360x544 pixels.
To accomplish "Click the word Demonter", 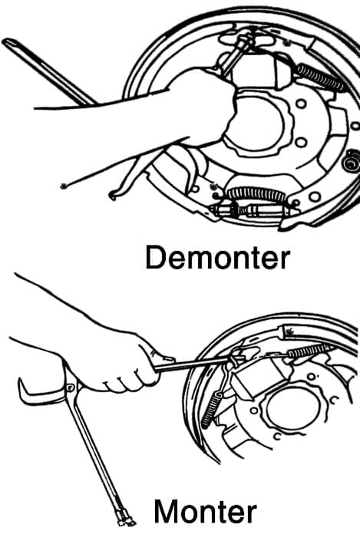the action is (x=218, y=257).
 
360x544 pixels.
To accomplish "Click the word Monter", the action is (x=206, y=511).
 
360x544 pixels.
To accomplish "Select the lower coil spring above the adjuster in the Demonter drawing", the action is (x=256, y=194).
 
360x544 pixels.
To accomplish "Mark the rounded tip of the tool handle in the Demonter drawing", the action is (x=8, y=42).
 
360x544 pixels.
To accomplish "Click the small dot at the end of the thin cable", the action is (x=63, y=186).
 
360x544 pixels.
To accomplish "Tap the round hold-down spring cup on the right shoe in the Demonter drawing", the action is (x=352, y=161).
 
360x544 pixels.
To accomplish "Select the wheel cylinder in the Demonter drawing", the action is (x=260, y=71).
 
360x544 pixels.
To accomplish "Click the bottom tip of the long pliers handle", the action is (x=126, y=521).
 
